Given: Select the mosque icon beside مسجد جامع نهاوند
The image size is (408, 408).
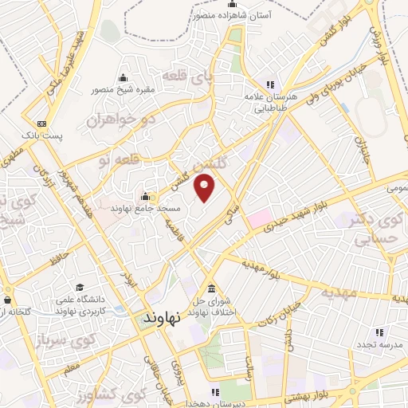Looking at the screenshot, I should pyautogui.click(x=145, y=197).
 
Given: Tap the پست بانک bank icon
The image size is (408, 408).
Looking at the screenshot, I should pyautogui.click(x=42, y=124).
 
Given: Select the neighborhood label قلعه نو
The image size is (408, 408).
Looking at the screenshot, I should pyautogui.click(x=112, y=160).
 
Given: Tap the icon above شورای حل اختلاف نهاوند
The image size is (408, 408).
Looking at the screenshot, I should pyautogui.click(x=211, y=288).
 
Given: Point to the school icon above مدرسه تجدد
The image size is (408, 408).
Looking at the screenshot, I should pyautogui.click(x=379, y=331).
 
